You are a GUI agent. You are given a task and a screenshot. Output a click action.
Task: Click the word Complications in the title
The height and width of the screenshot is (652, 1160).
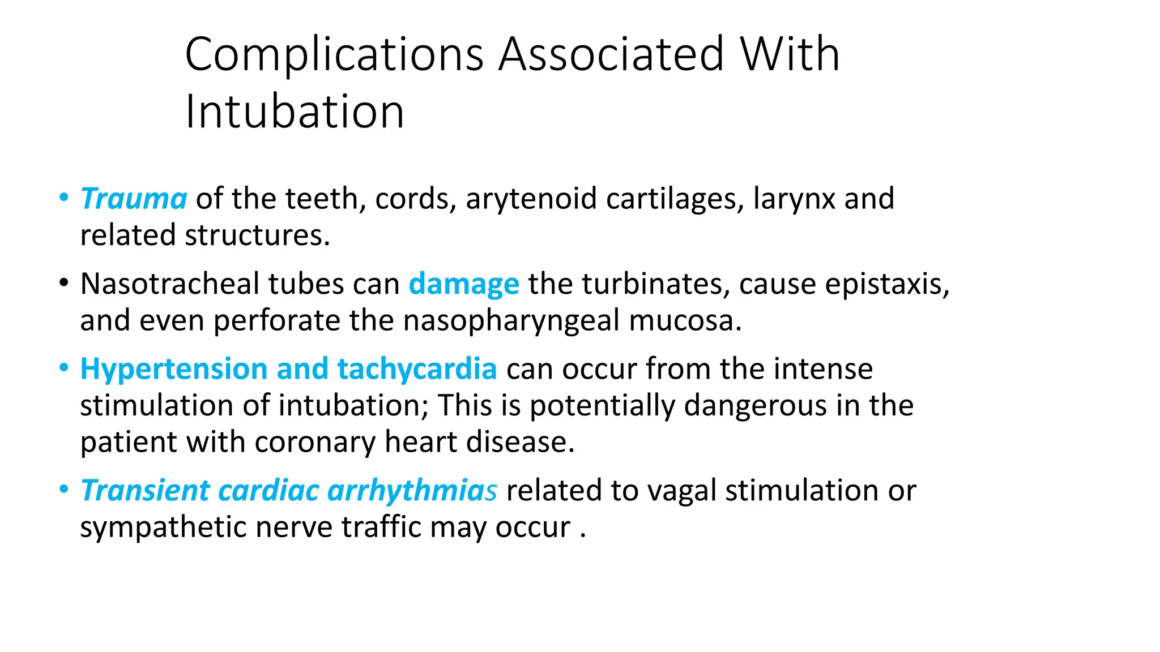(x=334, y=55)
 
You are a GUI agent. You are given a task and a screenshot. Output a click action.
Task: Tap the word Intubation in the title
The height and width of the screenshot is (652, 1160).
(x=295, y=111)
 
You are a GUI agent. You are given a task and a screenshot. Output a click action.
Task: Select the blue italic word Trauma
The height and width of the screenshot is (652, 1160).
(x=134, y=199)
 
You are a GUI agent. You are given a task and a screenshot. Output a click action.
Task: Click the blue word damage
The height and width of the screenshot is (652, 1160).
(x=463, y=284)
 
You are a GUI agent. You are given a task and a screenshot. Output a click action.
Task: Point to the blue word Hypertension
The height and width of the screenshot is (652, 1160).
(x=174, y=369)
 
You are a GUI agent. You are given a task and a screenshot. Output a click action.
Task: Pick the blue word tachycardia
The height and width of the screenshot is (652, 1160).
(x=417, y=369)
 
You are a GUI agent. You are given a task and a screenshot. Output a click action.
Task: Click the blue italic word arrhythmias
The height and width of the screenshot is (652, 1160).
(x=412, y=490)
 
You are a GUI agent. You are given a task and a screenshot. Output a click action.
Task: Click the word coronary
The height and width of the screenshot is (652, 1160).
(x=314, y=442)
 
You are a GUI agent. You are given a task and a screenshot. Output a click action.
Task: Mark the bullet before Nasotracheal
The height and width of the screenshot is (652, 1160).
(x=64, y=282)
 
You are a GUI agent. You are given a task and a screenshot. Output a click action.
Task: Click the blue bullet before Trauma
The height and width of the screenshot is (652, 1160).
(x=64, y=197)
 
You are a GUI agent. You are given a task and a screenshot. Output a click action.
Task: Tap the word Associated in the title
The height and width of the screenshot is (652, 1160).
(x=611, y=55)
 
